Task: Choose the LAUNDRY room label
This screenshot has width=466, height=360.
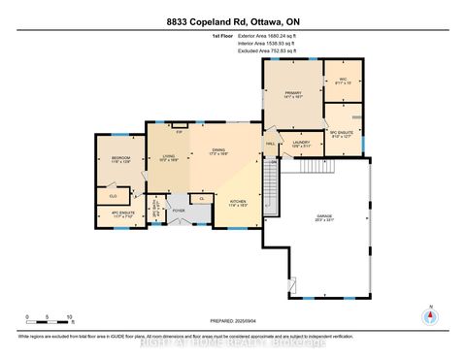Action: pyautogui.click(x=299, y=144)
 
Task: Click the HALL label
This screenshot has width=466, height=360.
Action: pyautogui.click(x=269, y=144)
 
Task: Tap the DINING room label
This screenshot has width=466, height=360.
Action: pyautogui.click(x=220, y=150)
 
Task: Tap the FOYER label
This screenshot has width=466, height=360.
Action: pyautogui.click(x=179, y=210)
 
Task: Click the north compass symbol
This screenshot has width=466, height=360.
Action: pyautogui.click(x=428, y=316)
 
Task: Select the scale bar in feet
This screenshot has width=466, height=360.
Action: pyautogui.click(x=49, y=321)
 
